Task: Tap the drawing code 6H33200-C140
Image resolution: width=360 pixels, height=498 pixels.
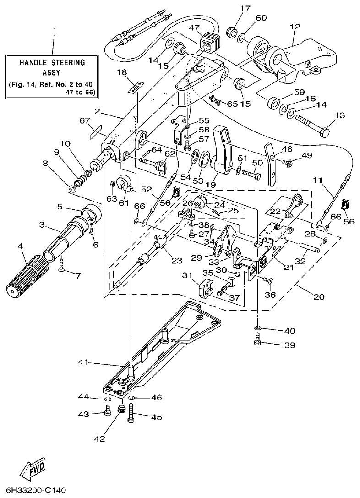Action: point(33,490)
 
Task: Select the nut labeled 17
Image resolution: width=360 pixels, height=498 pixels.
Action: point(232,32)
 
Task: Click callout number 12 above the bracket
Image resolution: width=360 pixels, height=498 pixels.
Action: point(295,27)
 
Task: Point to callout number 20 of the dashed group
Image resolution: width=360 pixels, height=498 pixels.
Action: point(319,297)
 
